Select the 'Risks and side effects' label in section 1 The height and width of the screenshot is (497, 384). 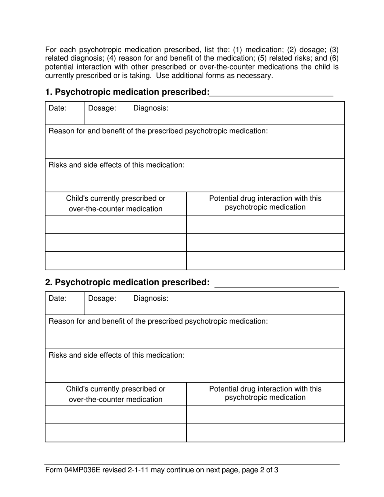117,165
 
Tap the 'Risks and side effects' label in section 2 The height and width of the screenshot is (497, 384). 117,355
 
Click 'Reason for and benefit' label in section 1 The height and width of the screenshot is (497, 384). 158,131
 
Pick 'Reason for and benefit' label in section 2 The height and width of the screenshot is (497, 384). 158,321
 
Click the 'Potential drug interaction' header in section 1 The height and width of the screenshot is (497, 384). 265,203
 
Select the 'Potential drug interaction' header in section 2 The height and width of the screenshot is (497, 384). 265,393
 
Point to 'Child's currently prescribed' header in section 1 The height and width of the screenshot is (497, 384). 116,204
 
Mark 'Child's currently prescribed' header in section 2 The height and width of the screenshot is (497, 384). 116,394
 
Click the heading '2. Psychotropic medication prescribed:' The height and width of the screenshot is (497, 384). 127,282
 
